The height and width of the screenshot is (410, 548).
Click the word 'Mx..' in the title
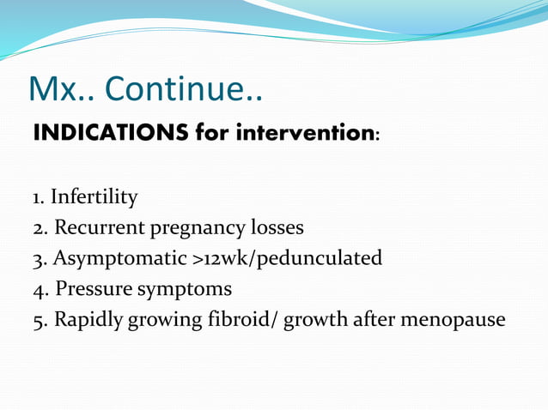(60, 88)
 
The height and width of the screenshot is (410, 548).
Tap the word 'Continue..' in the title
(184, 88)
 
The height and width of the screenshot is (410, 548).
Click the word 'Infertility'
(94, 198)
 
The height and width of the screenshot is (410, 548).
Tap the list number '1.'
(39, 198)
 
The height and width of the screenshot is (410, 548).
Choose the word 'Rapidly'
(88, 320)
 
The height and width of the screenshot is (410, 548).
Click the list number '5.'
(40, 320)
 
